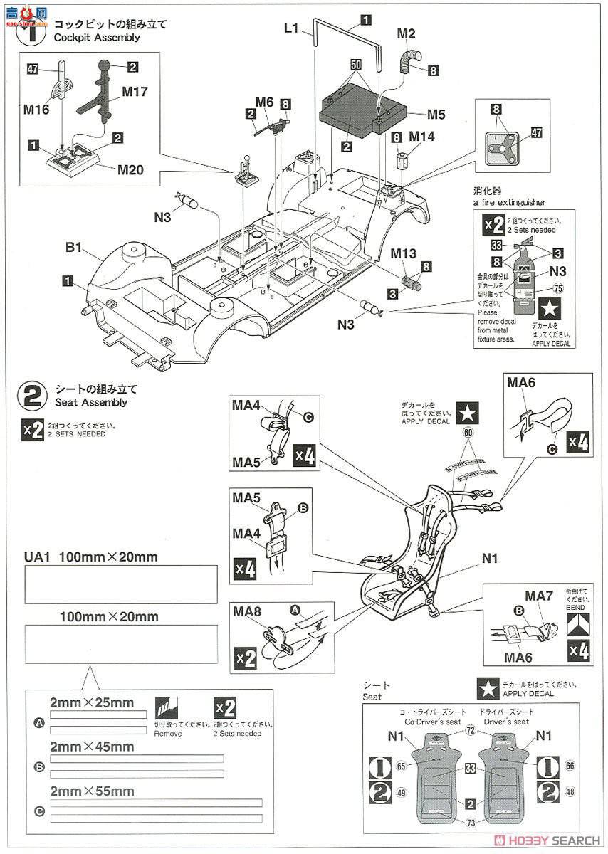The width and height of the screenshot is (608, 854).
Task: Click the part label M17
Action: (x=135, y=92)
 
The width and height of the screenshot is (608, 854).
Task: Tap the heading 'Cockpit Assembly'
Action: (x=98, y=37)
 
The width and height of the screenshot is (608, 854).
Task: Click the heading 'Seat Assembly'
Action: (x=91, y=402)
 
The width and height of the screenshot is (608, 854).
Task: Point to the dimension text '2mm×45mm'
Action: (x=92, y=747)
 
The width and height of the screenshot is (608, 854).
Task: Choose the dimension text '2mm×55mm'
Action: (x=92, y=791)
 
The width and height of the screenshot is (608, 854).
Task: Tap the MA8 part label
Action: (x=246, y=611)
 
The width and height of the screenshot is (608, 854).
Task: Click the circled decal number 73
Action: (x=471, y=823)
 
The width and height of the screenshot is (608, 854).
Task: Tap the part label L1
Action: (x=293, y=28)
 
